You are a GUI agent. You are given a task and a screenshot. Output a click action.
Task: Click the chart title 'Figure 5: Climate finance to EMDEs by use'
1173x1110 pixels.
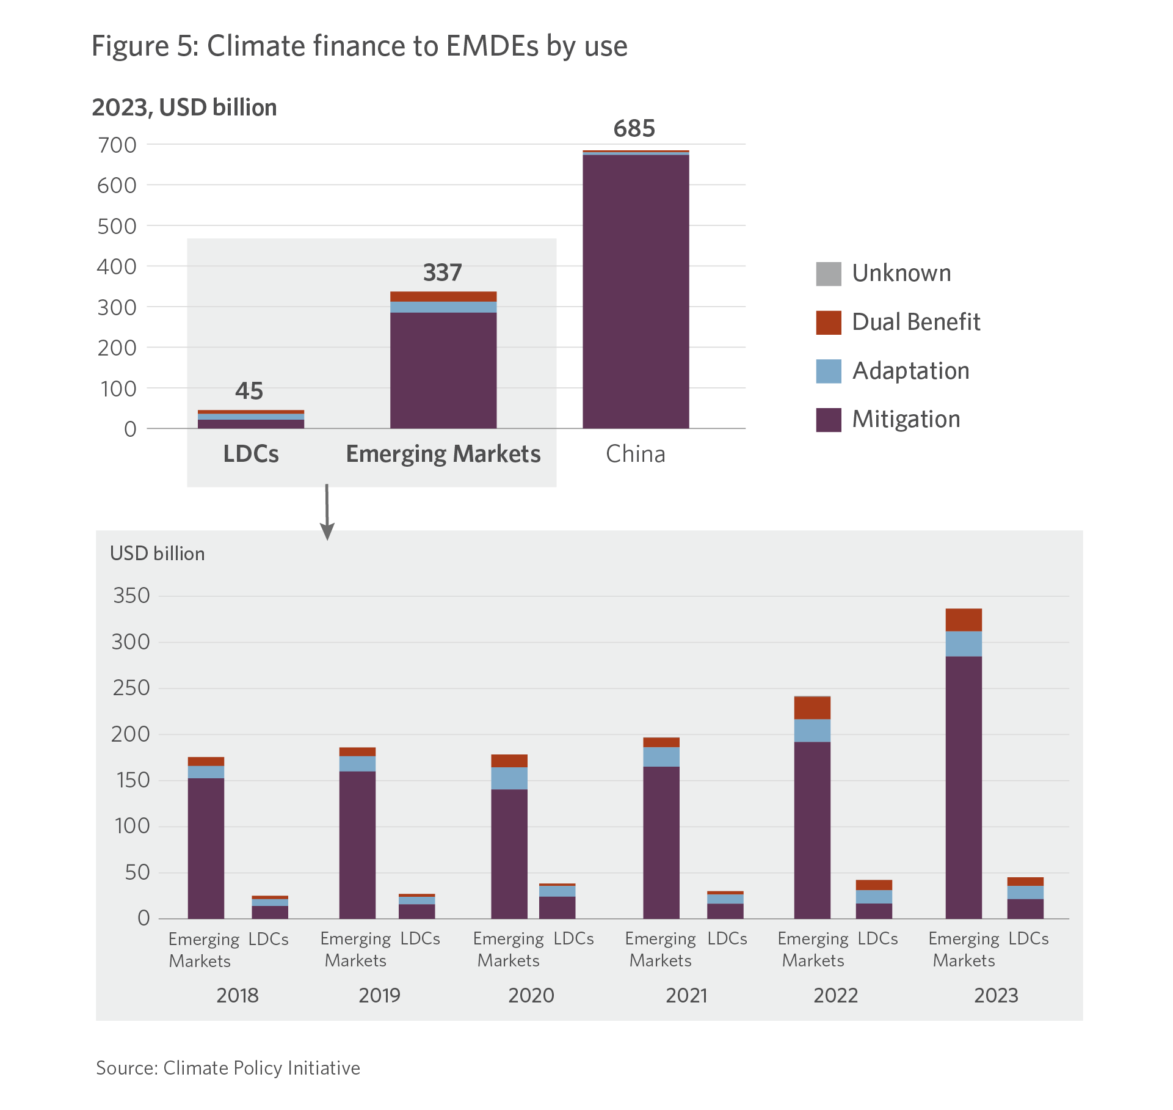click(359, 46)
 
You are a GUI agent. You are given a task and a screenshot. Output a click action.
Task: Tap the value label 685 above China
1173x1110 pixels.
click(634, 129)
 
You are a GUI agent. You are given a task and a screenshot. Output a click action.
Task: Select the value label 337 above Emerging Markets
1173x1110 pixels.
click(443, 272)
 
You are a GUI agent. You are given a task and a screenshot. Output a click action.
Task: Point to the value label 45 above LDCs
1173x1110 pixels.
click(249, 391)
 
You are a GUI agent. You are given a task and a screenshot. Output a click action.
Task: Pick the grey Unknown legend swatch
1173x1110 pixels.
click(829, 274)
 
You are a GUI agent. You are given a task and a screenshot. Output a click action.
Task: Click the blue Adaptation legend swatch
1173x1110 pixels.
click(829, 371)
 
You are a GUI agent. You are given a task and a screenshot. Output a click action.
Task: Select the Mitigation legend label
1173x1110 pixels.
click(906, 419)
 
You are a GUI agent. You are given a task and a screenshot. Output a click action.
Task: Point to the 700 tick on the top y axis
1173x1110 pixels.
click(117, 145)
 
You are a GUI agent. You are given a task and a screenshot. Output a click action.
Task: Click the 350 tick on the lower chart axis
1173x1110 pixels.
click(131, 596)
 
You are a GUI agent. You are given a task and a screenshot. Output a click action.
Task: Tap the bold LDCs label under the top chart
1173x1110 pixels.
click(251, 454)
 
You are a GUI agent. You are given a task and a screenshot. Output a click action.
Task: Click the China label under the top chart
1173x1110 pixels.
click(635, 454)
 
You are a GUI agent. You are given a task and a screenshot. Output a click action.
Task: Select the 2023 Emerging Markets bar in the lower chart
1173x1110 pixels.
click(964, 764)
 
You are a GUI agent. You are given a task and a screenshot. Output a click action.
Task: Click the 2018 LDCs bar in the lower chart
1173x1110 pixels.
click(270, 908)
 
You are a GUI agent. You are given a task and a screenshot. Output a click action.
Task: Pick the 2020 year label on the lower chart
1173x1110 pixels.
click(531, 996)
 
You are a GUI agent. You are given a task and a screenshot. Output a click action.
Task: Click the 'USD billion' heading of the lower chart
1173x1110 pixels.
click(157, 553)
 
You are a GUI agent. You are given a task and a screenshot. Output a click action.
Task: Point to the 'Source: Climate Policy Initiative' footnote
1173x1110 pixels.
click(228, 1068)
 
